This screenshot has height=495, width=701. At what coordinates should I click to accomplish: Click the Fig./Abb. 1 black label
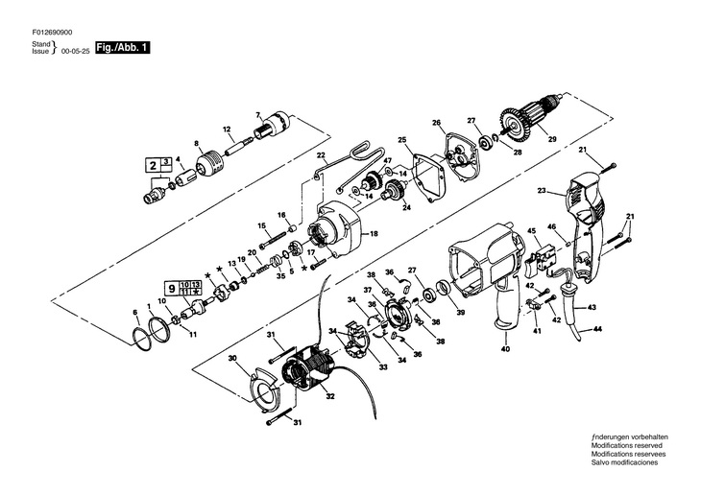[x=122, y=47]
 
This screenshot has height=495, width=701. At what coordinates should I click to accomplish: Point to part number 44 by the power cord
[x=598, y=329]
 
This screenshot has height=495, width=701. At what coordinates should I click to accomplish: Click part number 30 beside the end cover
[x=232, y=358]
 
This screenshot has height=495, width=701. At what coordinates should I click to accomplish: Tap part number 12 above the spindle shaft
[x=228, y=129]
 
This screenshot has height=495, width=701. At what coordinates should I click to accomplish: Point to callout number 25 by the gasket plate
[x=403, y=140]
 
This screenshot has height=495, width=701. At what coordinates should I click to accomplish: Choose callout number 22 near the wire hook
[x=322, y=155]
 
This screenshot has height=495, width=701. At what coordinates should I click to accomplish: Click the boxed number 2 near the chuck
[x=153, y=165]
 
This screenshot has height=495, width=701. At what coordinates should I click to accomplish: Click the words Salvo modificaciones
[x=626, y=462]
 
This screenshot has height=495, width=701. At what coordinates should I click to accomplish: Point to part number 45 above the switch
[x=530, y=230]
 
